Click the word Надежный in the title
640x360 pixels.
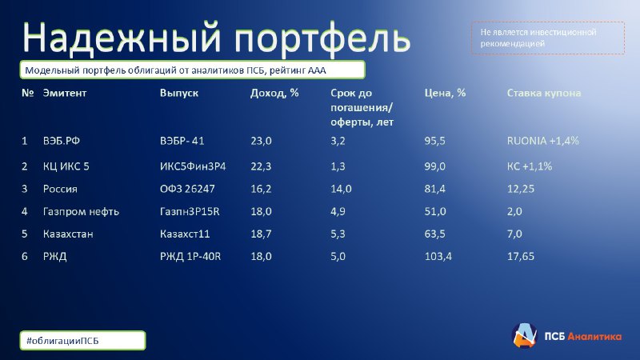pos(122,38)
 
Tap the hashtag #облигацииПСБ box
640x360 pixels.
pos(82,341)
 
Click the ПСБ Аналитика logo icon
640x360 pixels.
pos(524,335)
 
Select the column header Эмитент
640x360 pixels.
pos(65,93)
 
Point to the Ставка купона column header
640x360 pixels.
pos(544,93)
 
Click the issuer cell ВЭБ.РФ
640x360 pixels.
pos(62,141)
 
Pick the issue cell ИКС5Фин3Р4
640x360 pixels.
pos(193,166)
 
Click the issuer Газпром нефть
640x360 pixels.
pos(81,211)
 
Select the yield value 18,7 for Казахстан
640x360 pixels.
pos(261,234)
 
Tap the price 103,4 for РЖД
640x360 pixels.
pos(438,256)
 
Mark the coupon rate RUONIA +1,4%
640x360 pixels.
pos(543,141)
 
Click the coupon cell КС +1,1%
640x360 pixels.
pos(530,166)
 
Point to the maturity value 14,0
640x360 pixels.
pos(341,189)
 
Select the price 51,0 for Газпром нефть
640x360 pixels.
pos(435,211)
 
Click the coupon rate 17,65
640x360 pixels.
pos(521,256)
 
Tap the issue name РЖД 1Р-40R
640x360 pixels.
pos(190,256)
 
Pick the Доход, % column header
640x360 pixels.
pos(274,93)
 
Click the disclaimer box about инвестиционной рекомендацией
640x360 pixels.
pos(548,38)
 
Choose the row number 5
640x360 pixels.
pos(25,234)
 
